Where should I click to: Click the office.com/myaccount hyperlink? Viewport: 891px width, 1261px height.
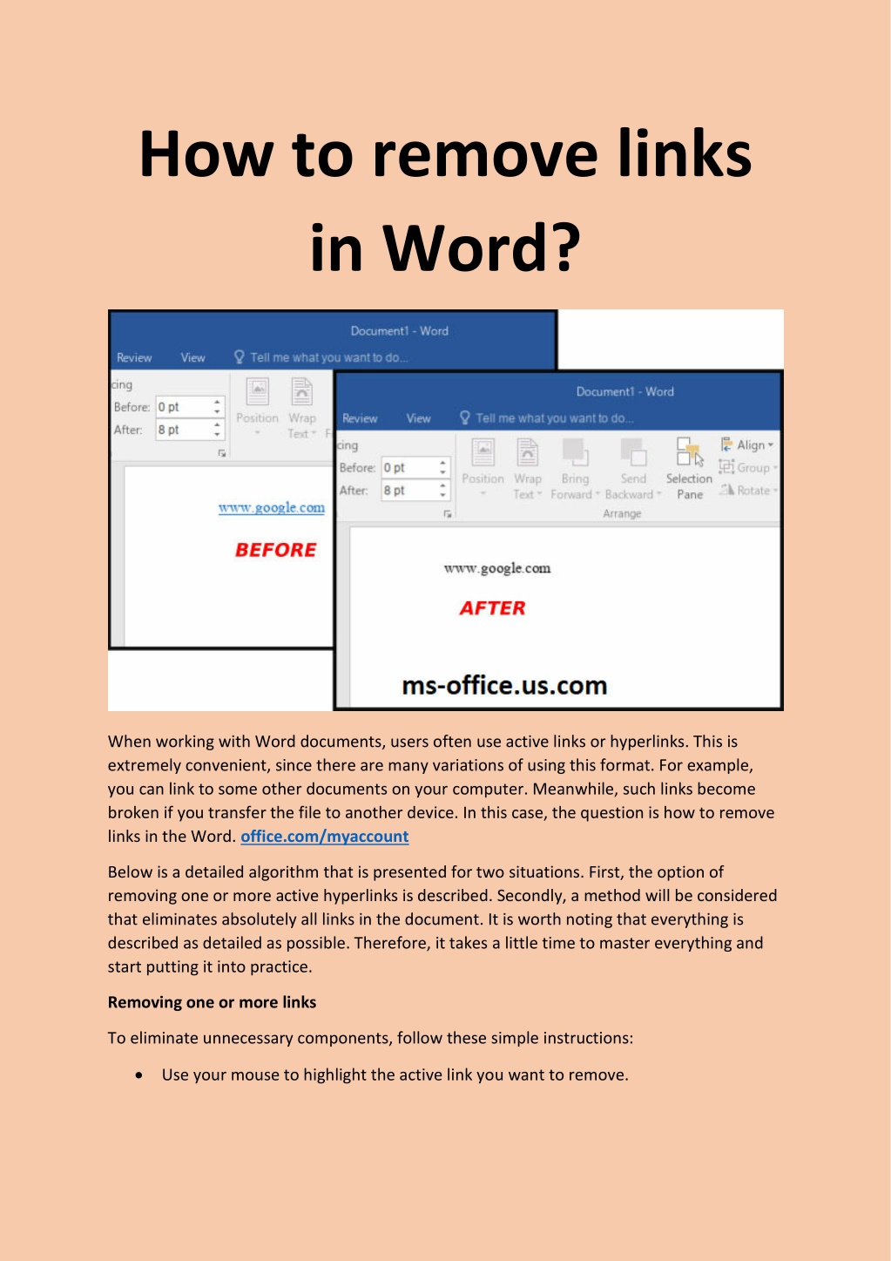click(324, 837)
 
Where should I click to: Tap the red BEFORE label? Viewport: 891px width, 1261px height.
click(275, 550)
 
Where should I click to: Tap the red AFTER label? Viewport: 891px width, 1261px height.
click(492, 608)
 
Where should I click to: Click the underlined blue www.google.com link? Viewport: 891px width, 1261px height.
click(271, 507)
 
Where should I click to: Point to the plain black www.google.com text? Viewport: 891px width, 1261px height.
click(496, 568)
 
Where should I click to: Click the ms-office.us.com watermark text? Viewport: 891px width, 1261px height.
click(504, 686)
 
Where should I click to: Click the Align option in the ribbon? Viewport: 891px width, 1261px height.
click(747, 444)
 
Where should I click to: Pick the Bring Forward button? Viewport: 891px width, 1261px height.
click(574, 471)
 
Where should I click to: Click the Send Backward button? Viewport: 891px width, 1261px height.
click(633, 471)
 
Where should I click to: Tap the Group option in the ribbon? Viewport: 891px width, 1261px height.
click(747, 467)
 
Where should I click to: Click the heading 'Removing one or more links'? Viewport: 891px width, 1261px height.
click(212, 1002)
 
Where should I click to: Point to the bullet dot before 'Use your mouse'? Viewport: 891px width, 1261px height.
click(139, 1075)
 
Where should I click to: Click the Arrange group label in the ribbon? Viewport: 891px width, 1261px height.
click(622, 514)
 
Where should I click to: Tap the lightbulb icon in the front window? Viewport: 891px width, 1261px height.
click(465, 417)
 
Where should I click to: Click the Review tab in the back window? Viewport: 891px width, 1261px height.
click(134, 357)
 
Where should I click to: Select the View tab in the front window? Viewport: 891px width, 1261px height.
click(418, 418)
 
